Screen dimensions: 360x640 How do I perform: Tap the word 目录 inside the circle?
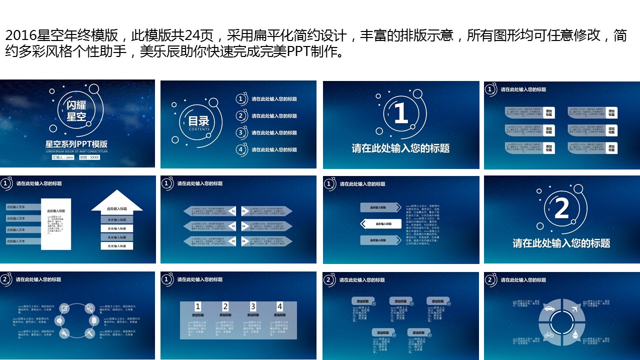198,121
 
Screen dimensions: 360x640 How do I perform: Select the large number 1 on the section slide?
401,113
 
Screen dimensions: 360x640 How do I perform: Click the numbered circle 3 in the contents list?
241,133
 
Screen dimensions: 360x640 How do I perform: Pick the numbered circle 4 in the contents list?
241,149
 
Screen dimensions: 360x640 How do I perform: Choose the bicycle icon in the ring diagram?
548,334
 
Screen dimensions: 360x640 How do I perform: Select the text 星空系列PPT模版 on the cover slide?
76,144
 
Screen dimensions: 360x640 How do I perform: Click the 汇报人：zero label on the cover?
63,157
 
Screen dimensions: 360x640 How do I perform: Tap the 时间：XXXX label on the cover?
89,157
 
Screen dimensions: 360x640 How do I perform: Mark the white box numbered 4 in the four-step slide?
280,306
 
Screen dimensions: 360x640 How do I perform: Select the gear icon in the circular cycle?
60,320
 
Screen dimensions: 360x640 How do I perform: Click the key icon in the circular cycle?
64,333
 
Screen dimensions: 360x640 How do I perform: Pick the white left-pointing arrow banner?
380,224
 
